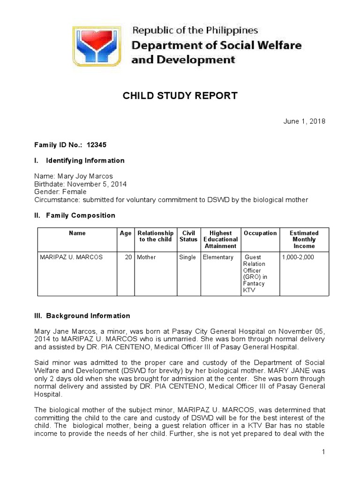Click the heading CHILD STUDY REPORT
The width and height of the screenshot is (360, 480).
pos(180,96)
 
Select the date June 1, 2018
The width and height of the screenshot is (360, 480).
pos(304,121)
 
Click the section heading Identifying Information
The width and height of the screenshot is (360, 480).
pos(85,160)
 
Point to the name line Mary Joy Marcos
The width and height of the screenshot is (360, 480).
pos(74,176)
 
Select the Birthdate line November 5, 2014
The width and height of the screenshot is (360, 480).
pos(80,184)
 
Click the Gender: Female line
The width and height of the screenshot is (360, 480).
pos(60,192)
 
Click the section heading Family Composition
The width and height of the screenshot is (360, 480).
pos(80,216)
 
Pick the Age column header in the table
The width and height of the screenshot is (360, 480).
pos(125,233)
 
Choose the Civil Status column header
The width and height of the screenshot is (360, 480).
pos(188,236)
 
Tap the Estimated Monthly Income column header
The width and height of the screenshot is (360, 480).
pos(304,240)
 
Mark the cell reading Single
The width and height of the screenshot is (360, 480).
pos(187,257)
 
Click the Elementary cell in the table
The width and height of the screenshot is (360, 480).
pos(218,257)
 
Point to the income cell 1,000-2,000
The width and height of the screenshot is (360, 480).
pos(298,257)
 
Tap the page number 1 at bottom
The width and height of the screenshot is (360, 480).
pos(323,452)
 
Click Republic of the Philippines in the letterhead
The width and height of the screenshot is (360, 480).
pos(195,31)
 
